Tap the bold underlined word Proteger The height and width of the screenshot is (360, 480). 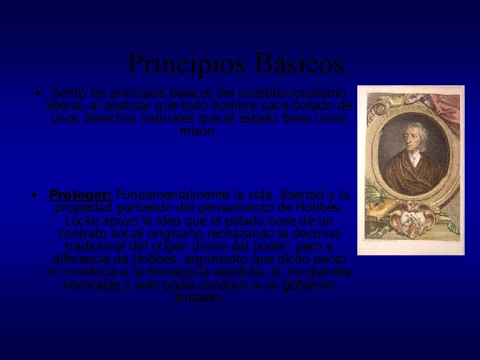tap(81, 195)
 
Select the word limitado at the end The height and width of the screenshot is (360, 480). tap(199, 297)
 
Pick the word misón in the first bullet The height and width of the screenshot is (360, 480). tap(199, 131)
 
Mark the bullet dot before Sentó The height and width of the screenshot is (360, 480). tap(40, 93)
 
